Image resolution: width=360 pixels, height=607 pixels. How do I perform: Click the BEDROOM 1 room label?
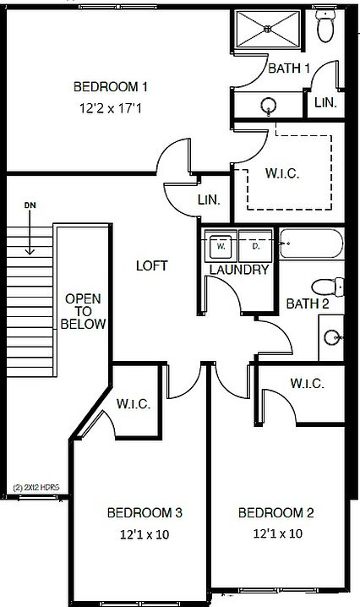point(111,86)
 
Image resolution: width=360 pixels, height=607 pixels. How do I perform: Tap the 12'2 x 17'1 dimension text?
point(111,108)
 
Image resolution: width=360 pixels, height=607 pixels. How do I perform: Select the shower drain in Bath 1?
point(268,28)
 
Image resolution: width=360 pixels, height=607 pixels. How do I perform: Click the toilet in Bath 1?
point(325,26)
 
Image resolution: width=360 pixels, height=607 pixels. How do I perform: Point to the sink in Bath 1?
point(268,106)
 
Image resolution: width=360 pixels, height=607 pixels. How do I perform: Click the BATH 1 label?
point(289,68)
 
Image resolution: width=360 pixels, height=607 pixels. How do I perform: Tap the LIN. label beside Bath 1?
point(325,102)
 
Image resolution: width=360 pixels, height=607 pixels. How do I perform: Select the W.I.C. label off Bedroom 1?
point(282,173)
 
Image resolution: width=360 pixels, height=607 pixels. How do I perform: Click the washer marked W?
point(221,246)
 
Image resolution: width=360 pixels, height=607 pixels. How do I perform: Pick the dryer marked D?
point(256,246)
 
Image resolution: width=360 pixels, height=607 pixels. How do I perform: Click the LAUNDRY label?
point(239,270)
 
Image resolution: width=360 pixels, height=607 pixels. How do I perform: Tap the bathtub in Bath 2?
point(311,243)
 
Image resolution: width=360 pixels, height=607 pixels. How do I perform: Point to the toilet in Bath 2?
point(328,287)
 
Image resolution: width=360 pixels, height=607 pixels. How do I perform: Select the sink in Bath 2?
point(332,337)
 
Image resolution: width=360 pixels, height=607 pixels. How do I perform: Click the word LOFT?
point(152,265)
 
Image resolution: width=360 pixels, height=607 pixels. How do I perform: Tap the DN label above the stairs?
point(30,205)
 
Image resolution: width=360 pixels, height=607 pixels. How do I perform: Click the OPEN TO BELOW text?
point(83,311)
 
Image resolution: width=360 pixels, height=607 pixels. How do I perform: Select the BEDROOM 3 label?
point(145,513)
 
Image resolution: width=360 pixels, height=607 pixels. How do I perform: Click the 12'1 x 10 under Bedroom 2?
point(277,533)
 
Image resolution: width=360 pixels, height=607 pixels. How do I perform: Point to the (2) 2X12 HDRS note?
point(36,488)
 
